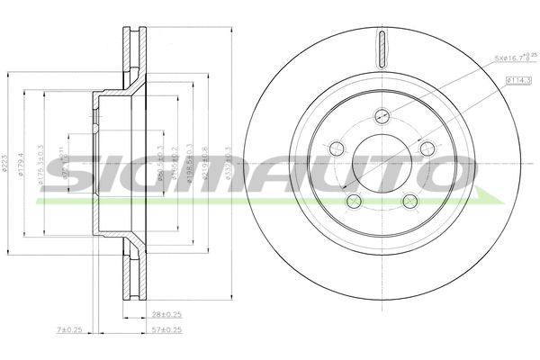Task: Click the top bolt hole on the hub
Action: pyautogui.click(x=382, y=115)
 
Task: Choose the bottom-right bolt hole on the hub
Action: pyautogui.click(x=409, y=200)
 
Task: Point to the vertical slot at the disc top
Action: pyautogui.click(x=382, y=48)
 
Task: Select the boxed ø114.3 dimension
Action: pyautogui.click(x=518, y=80)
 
